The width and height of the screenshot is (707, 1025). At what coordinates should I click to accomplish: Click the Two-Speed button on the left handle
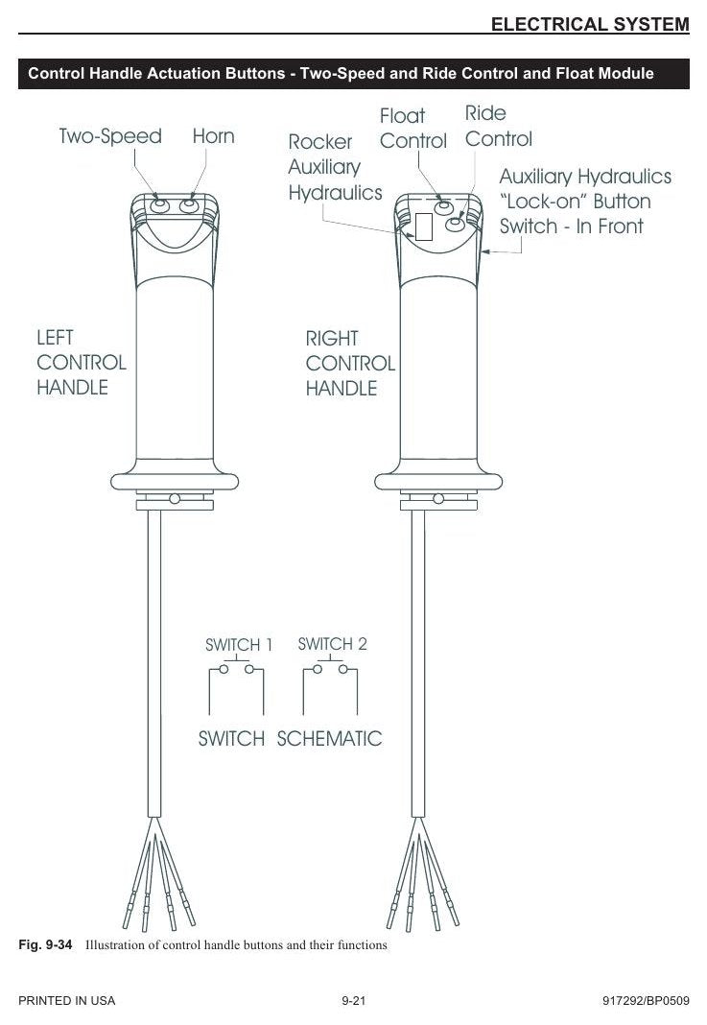159,206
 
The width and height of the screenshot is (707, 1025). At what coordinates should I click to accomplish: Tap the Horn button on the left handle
188,206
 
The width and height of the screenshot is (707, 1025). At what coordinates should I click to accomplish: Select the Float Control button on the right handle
443,207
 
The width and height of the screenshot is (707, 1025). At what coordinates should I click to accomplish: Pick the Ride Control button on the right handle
455,225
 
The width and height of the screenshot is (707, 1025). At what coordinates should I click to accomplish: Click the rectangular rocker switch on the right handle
424,226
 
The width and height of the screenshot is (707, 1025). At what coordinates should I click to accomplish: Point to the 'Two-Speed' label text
110,136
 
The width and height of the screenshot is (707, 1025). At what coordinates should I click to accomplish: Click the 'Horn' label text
213,136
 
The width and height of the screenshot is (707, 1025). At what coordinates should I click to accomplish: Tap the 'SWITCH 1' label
239,645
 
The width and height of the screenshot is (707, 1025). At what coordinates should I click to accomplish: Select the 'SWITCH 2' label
332,644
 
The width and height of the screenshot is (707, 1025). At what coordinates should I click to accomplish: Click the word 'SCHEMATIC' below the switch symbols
329,739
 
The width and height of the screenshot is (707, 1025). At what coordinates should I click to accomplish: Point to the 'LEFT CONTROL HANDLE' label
81,362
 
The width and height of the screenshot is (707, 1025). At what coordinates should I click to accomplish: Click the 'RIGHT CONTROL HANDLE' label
350,364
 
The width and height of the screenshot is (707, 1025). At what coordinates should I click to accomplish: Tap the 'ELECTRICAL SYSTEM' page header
590,24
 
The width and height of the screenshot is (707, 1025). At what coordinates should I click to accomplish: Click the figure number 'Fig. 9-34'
45,944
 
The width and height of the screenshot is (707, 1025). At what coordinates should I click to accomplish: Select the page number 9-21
353,1000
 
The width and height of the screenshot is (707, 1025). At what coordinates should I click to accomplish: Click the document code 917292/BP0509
646,1000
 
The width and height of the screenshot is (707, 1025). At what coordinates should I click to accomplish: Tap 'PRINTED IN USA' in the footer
66,1000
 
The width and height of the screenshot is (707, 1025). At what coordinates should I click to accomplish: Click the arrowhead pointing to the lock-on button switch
485,251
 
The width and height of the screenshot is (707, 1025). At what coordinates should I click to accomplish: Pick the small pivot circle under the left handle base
175,499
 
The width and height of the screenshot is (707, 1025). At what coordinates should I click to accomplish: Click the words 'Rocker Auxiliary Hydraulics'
335,167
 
